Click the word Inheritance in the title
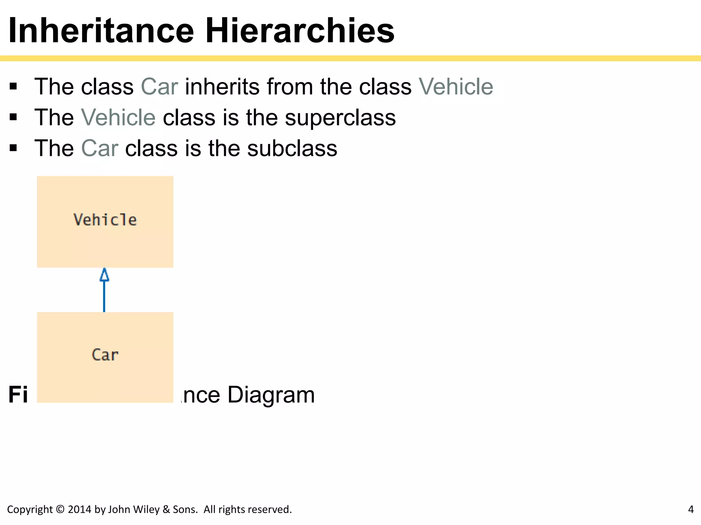101,31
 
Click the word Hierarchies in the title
300,31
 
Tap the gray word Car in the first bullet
159,87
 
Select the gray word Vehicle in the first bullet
456,87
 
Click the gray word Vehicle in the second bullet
118,118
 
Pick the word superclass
340,118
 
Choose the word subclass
292,149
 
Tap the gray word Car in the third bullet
100,149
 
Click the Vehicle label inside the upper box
105,220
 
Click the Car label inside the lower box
105,355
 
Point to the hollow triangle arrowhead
104,275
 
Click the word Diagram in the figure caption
271,395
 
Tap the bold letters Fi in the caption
18,395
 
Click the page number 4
691,509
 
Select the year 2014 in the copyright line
80,509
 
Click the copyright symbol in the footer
60,509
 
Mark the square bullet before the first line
13,87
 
